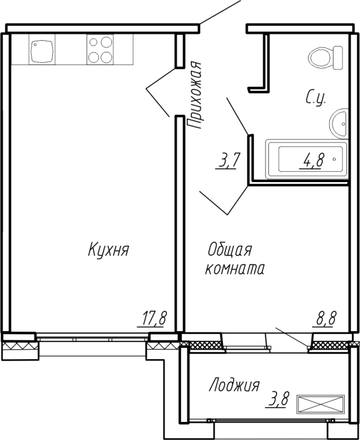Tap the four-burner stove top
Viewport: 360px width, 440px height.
100,50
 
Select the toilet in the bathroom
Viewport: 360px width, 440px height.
325,58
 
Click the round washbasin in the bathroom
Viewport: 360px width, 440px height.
339,123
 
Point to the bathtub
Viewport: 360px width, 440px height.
307,159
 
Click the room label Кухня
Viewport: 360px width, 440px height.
108,250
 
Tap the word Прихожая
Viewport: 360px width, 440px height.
195,95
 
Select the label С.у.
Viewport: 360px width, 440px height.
315,98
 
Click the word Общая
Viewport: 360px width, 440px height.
230,250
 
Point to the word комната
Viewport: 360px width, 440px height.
235,268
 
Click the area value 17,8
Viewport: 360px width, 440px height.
154,318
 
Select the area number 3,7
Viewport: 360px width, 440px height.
228,161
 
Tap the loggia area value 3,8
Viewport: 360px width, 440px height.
278,400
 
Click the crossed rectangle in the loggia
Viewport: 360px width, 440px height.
320,404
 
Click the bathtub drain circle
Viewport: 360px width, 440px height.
334,159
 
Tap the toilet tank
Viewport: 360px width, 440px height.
338,58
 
